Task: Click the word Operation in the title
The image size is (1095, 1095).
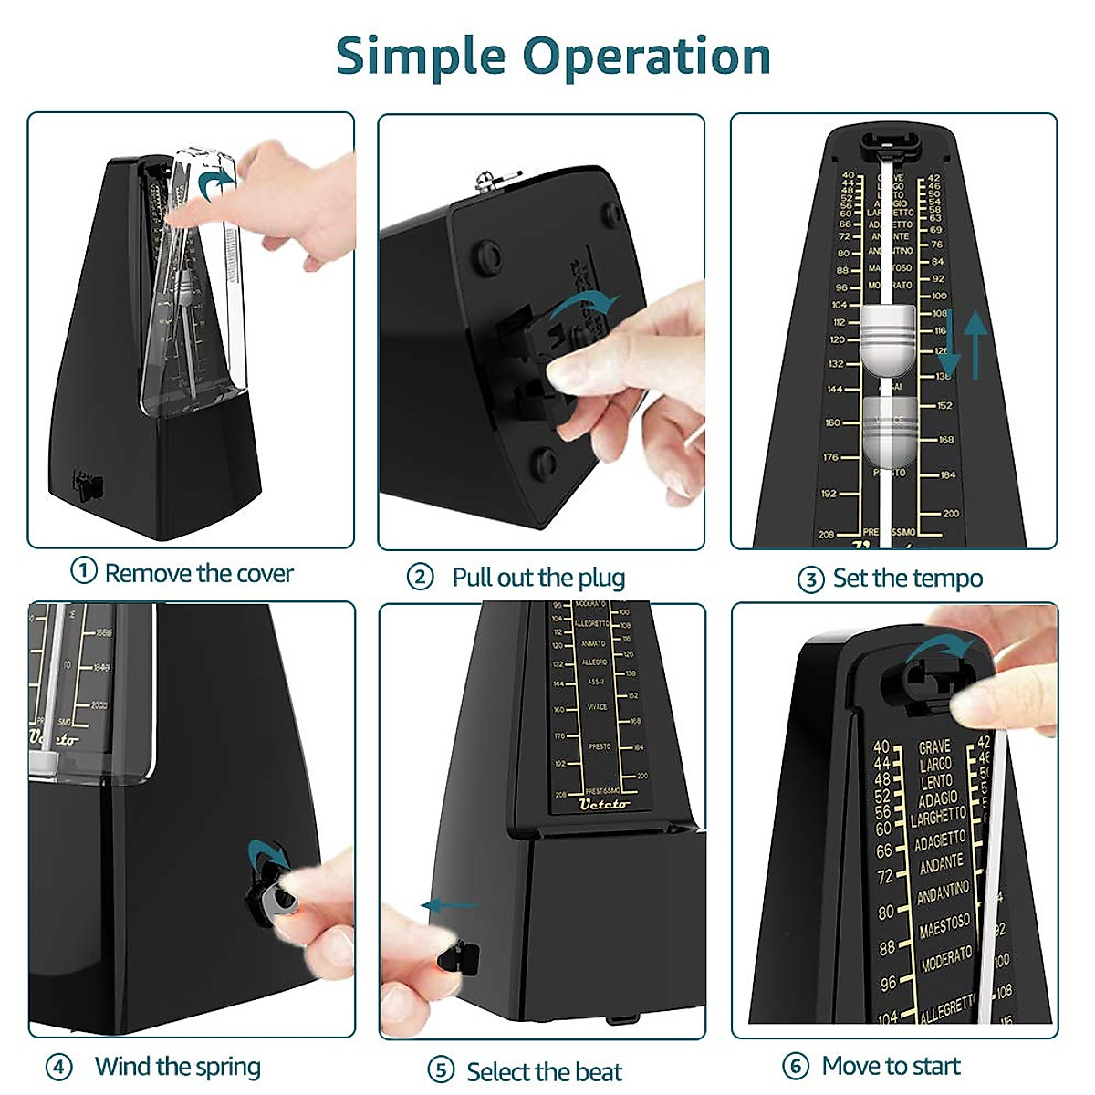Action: (647, 57)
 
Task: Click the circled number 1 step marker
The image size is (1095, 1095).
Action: (84, 571)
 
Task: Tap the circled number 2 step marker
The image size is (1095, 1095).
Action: (420, 577)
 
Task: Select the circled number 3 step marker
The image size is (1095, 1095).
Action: (810, 579)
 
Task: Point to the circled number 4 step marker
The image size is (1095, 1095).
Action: (59, 1067)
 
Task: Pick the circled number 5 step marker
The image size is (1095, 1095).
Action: (441, 1070)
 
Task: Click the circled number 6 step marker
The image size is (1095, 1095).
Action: (796, 1066)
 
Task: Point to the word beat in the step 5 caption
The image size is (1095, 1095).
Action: (598, 1071)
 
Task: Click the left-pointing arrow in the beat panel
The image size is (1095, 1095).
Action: (448, 906)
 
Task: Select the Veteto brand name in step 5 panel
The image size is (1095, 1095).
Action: (604, 804)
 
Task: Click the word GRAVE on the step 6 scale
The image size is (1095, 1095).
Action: (934, 746)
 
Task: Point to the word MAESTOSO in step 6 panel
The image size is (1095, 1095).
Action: (945, 926)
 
